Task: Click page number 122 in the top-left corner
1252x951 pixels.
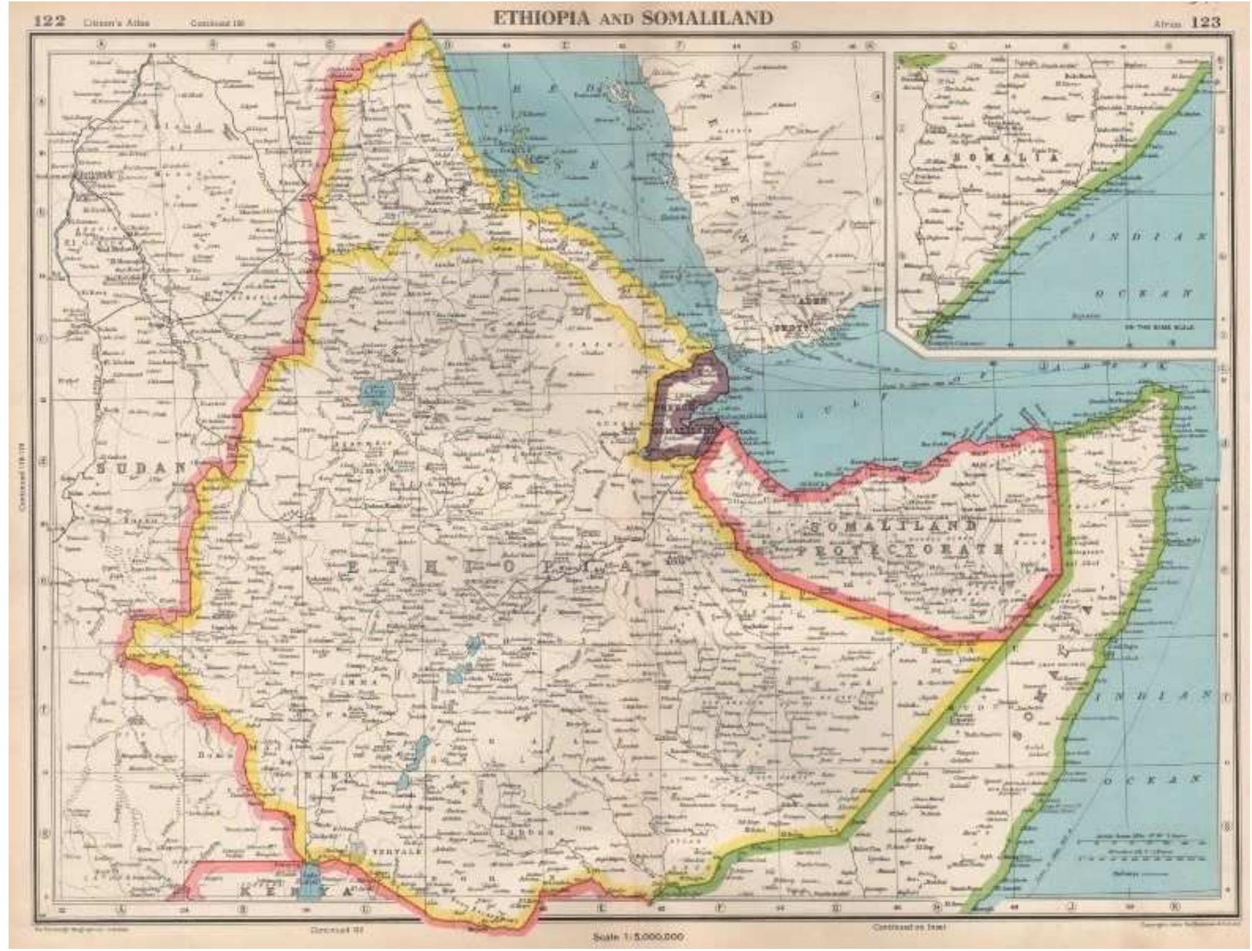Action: click(50, 21)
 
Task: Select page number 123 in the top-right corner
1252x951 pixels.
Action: click(1205, 22)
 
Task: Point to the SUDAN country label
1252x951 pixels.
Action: click(139, 468)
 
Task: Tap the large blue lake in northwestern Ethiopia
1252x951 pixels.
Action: click(376, 394)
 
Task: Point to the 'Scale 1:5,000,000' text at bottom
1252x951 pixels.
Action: click(638, 937)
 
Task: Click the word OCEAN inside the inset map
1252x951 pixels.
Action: click(1143, 294)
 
